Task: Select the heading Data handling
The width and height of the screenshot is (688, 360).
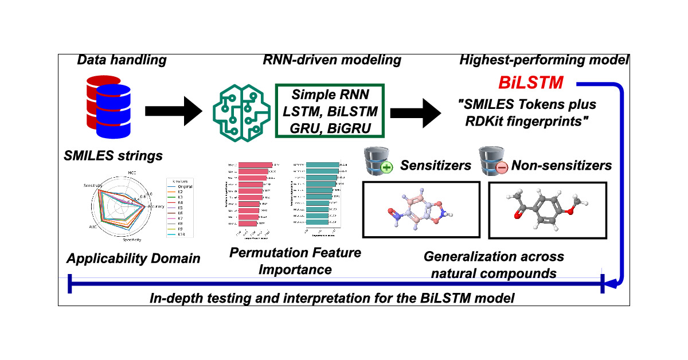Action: coord(122,60)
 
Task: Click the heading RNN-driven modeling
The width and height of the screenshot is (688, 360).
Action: coord(332,60)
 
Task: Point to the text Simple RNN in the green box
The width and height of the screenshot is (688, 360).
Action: coord(329,95)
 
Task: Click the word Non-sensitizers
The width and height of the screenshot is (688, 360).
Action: coord(561,166)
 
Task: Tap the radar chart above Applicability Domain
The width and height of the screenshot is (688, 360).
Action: coord(121,209)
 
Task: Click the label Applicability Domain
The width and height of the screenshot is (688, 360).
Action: coord(134,258)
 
